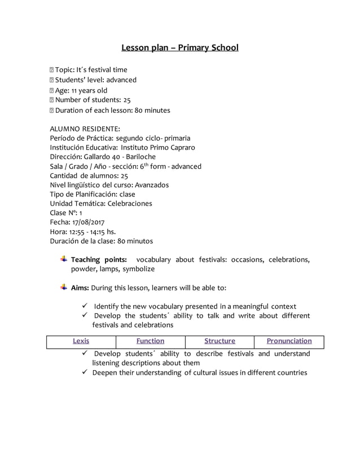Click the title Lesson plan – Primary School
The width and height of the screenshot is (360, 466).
(180, 47)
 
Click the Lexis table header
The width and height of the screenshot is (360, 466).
(81, 341)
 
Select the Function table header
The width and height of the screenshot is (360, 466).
(150, 341)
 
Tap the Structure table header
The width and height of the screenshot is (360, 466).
(219, 341)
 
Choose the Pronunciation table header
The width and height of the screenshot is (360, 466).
(289, 341)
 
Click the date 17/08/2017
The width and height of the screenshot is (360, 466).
(91, 222)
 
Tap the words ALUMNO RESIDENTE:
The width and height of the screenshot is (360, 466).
(85, 129)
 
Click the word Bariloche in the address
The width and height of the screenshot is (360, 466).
(141, 156)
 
